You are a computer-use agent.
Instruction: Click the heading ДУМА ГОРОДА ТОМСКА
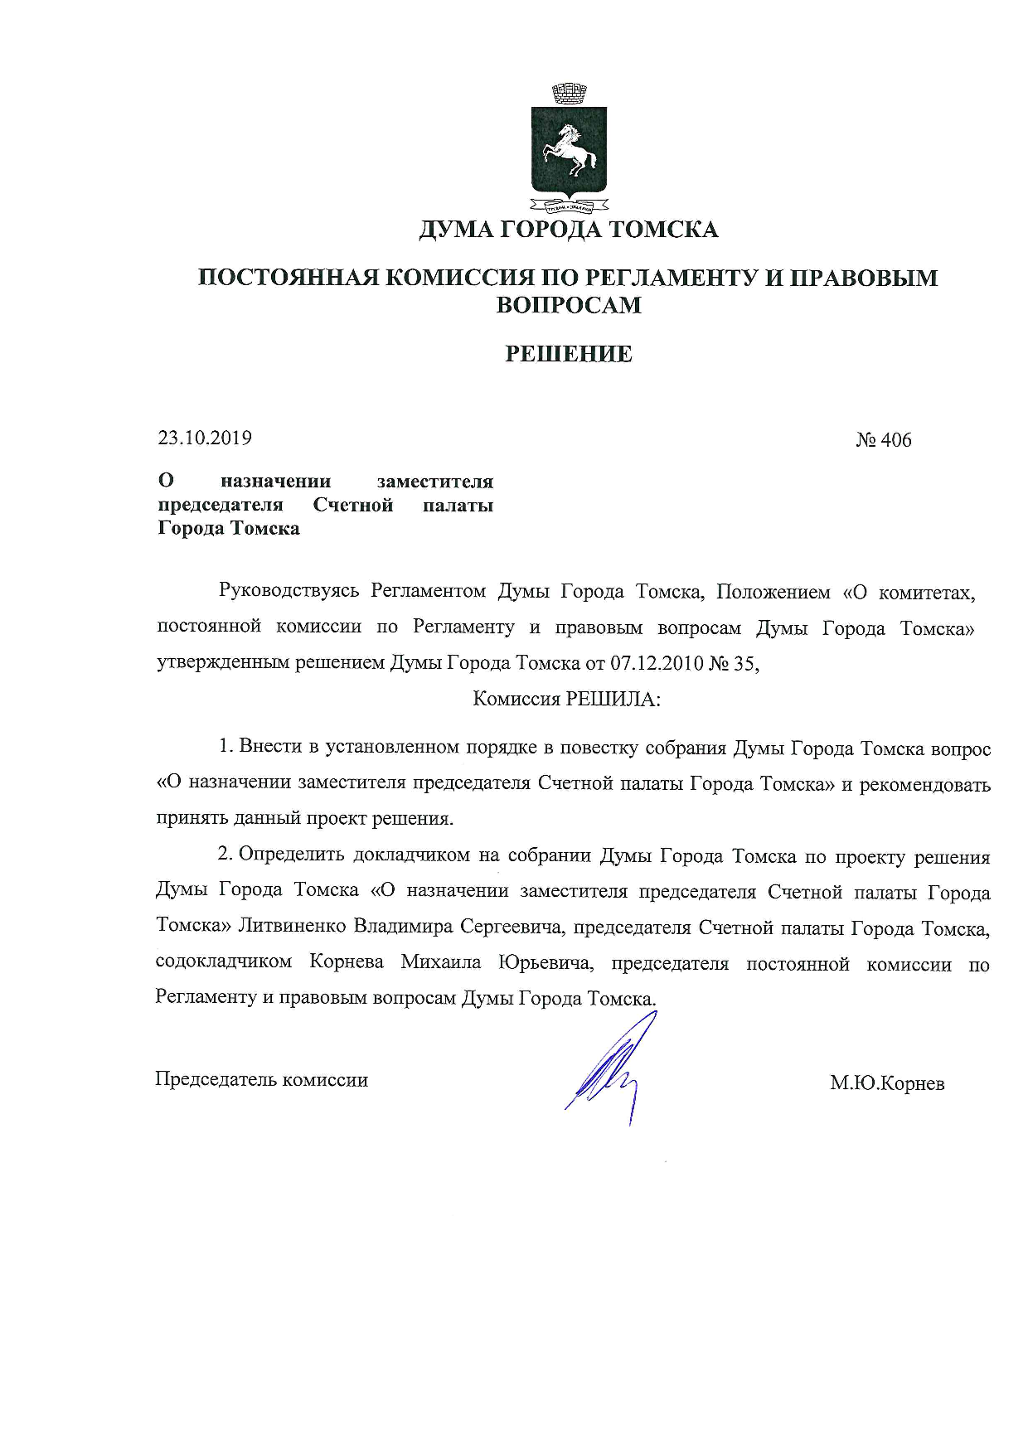[x=568, y=229]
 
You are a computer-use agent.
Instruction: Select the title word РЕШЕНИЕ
[x=569, y=354]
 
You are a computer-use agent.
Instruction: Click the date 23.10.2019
[x=205, y=438]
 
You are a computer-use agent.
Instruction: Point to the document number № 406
[x=883, y=439]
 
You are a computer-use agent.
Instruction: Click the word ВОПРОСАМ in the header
[x=569, y=305]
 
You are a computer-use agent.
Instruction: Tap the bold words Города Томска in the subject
[x=229, y=528]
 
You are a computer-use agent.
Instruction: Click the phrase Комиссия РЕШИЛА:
[x=566, y=699]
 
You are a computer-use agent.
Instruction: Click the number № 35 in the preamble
[x=733, y=663]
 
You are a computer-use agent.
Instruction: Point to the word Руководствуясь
[x=289, y=591]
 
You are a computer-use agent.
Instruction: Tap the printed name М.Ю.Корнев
[x=887, y=1083]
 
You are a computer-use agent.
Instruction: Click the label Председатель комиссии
[x=262, y=1080]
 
